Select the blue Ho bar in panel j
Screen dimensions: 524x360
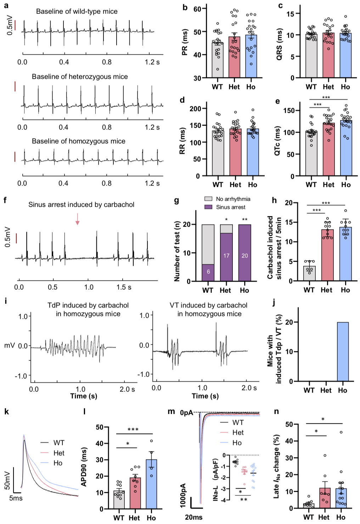[343, 351]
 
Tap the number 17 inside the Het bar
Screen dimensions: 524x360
[226, 256]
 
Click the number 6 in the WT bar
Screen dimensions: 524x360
[208, 272]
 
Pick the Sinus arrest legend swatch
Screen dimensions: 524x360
[208, 207]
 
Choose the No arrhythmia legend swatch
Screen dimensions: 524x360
[208, 199]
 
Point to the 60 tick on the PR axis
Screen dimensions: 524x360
[197, 9]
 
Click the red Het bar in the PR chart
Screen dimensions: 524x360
[234, 58]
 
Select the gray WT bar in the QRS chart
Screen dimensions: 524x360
[311, 57]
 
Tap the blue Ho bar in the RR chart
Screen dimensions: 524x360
[253, 152]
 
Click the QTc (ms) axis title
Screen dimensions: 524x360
[277, 141]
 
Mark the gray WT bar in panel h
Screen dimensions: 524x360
[309, 273]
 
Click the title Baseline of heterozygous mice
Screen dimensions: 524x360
[80, 77]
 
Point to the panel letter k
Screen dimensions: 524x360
[6, 412]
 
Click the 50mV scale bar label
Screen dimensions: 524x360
[7, 480]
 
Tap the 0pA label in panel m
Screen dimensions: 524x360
[187, 413]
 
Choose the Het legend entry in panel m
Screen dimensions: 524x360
[238, 433]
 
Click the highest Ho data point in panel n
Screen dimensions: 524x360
[341, 432]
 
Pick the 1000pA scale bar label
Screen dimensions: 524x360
[183, 496]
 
